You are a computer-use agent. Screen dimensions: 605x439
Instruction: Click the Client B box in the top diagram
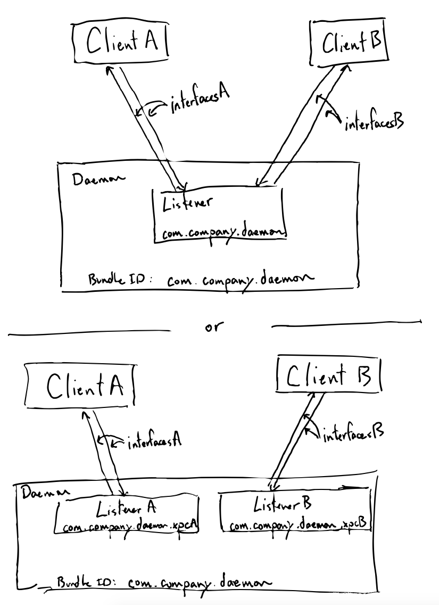pyautogui.click(x=349, y=43)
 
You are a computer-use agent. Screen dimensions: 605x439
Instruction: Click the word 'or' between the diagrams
pyautogui.click(x=213, y=326)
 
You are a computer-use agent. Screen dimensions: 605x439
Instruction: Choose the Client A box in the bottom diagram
pyautogui.click(x=80, y=385)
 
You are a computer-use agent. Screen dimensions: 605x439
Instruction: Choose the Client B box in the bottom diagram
pyautogui.click(x=328, y=377)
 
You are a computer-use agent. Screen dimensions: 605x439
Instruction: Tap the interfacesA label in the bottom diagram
pyautogui.click(x=154, y=441)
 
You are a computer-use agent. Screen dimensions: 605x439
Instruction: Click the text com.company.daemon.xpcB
pyautogui.click(x=297, y=526)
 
